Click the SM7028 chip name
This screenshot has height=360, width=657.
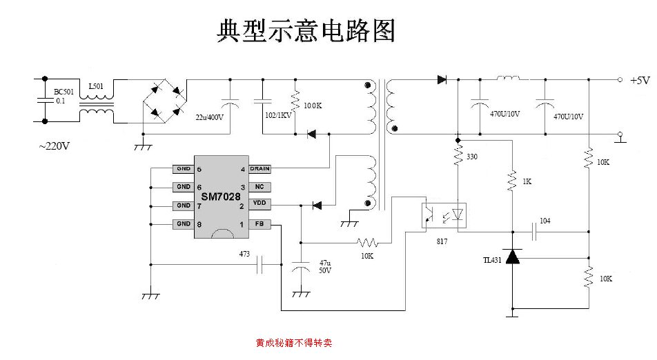(x=221, y=197)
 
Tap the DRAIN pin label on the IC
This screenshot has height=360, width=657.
(x=259, y=169)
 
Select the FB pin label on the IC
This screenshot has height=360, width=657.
(x=259, y=224)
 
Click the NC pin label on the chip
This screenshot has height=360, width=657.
(x=259, y=187)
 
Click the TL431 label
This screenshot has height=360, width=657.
(x=493, y=260)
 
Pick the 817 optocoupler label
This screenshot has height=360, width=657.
(x=442, y=241)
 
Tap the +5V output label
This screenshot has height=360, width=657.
(x=640, y=80)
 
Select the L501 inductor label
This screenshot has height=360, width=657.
(x=96, y=87)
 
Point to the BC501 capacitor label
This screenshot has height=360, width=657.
(x=65, y=91)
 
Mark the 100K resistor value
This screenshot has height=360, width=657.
(x=313, y=106)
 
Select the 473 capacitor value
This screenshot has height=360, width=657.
(x=244, y=254)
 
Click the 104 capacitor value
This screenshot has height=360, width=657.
(x=545, y=221)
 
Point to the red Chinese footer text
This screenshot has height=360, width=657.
(x=294, y=342)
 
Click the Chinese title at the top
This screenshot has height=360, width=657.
(x=306, y=30)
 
